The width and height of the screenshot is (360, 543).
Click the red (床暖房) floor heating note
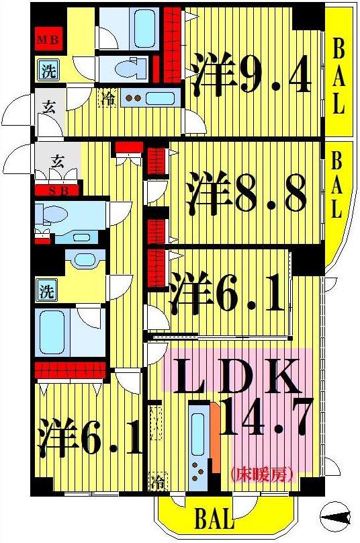click(x=263, y=474)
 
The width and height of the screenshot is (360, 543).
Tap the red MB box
click(x=48, y=40)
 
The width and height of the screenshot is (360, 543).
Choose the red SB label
click(x=57, y=190)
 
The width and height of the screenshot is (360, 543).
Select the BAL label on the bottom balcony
click(x=214, y=518)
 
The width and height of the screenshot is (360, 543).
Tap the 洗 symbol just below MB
click(x=47, y=71)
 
